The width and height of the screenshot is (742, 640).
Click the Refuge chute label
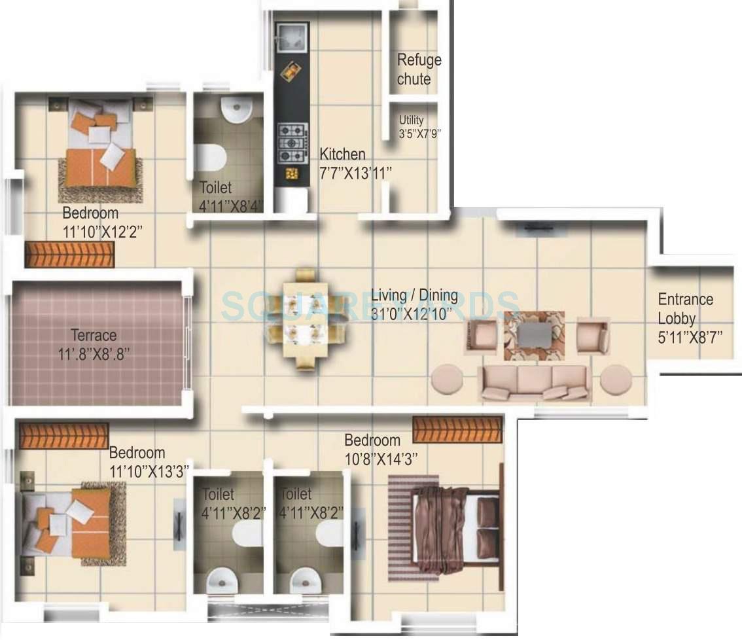[x=419, y=69]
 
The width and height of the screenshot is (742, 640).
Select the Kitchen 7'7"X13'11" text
[x=355, y=163]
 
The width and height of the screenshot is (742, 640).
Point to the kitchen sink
[x=291, y=36]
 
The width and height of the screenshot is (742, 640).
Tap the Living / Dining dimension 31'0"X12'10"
[x=411, y=313]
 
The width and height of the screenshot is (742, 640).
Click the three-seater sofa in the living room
[x=535, y=382]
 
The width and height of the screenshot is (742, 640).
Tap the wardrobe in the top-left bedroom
[x=69, y=255]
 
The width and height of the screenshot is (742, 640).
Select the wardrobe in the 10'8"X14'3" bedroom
[x=457, y=429]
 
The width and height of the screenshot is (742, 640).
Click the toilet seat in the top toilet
[x=211, y=158]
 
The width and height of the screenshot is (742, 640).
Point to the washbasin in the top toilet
[x=236, y=109]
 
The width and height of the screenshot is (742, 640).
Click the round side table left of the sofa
[x=448, y=380]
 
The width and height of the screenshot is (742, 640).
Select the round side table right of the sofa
[x=616, y=380]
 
